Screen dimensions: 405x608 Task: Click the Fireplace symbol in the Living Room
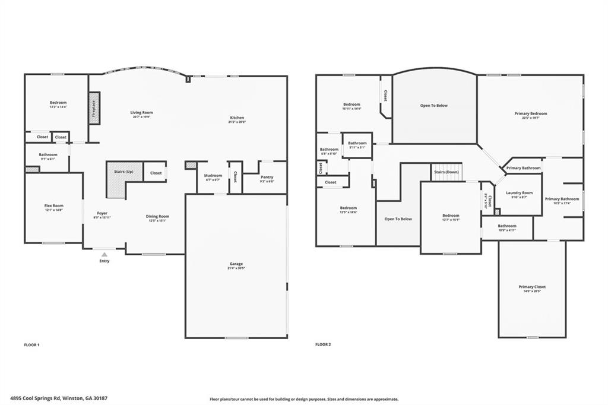point(93,109)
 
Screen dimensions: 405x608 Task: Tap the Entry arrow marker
point(104,255)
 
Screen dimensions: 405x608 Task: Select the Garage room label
point(236,264)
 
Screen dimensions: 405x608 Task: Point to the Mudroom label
point(213,175)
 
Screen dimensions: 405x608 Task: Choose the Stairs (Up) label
point(124,171)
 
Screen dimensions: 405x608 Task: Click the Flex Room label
point(53,205)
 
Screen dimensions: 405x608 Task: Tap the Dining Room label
point(157,216)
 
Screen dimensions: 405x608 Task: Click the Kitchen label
point(237,118)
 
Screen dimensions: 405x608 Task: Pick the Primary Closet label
point(531,287)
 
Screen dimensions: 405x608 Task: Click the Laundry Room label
point(518,192)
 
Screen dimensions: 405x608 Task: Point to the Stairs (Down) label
point(446,172)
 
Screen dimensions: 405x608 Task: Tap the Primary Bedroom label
point(530,113)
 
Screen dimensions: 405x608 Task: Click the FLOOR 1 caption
point(31,344)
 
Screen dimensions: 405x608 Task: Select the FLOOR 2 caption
point(322,344)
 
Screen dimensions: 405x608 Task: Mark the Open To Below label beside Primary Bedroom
point(434,106)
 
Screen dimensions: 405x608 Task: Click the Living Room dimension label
point(141,117)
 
